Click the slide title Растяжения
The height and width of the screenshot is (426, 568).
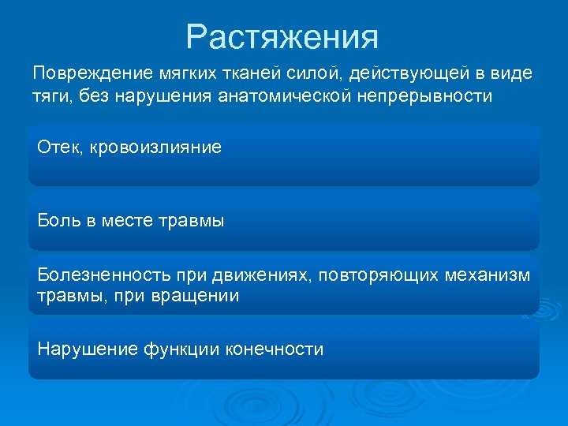point(282,36)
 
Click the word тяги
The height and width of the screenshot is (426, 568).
point(49,96)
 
